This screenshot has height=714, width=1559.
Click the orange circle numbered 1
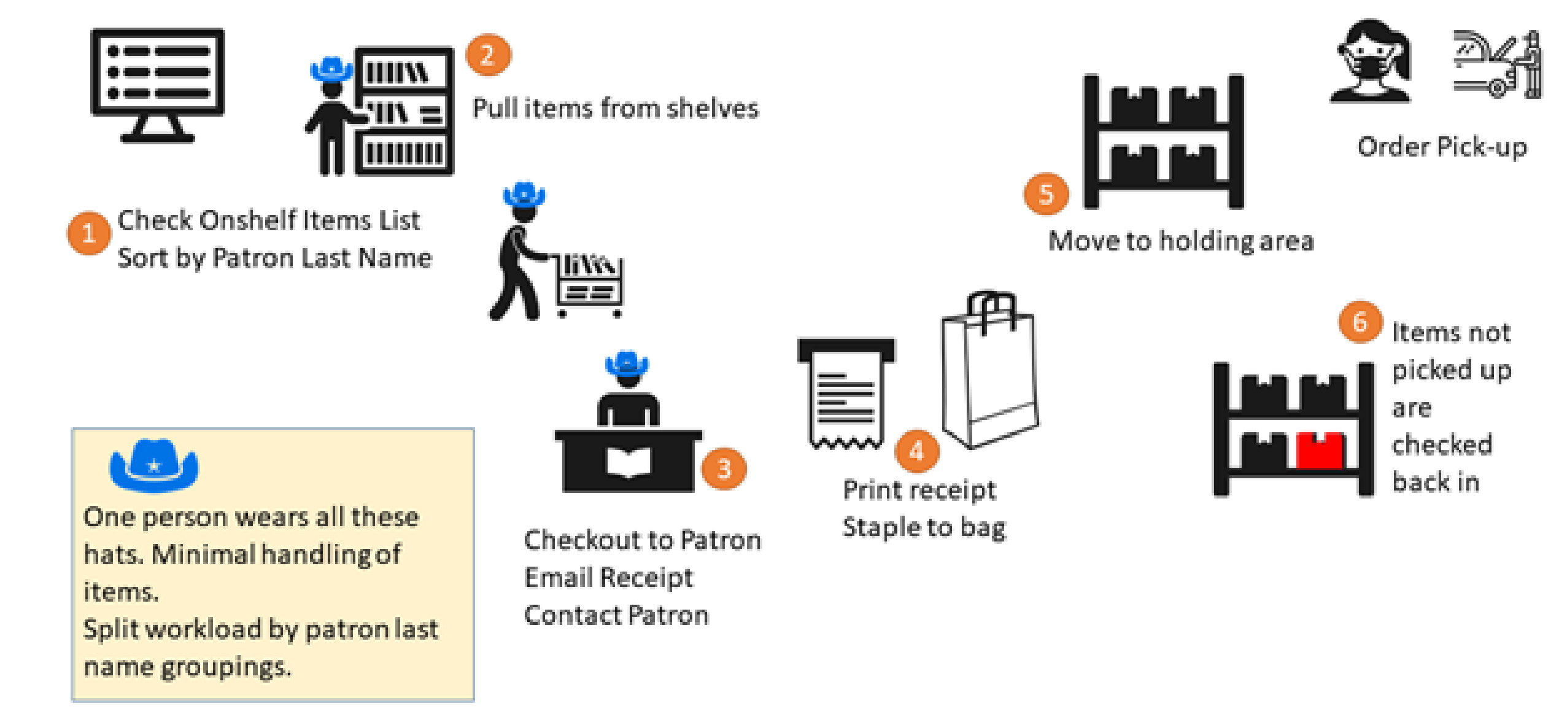(89, 233)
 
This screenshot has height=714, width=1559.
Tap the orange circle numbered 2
(488, 55)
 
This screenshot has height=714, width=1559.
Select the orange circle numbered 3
(724, 470)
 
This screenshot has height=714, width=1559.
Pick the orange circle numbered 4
(917, 451)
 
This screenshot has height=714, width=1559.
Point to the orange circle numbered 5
(1046, 195)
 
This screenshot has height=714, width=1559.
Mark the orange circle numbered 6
(1360, 322)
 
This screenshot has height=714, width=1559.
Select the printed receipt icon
(846, 393)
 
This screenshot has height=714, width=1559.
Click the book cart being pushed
(589, 285)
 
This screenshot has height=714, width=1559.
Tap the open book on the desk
(628, 461)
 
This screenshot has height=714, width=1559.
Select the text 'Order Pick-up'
(1442, 147)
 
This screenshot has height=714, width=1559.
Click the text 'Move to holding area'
(1181, 241)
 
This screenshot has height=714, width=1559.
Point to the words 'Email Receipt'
(608, 578)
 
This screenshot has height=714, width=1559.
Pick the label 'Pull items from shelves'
(616, 109)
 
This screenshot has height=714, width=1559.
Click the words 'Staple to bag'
(924, 528)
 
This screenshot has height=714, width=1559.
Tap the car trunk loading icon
(1498, 64)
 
